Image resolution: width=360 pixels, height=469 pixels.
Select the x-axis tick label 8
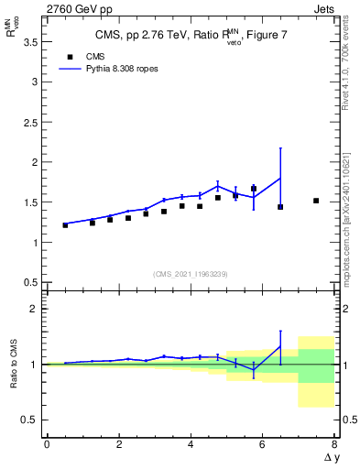tap(334, 444)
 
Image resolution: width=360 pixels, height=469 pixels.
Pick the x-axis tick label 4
tap(191, 444)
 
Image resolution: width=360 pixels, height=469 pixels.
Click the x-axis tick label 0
tap(47, 444)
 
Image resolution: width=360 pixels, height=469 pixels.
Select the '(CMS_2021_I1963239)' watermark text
tap(190, 273)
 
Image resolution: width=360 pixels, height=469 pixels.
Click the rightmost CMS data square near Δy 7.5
tap(316, 201)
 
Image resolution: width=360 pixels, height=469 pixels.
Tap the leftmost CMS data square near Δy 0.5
tap(65, 224)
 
